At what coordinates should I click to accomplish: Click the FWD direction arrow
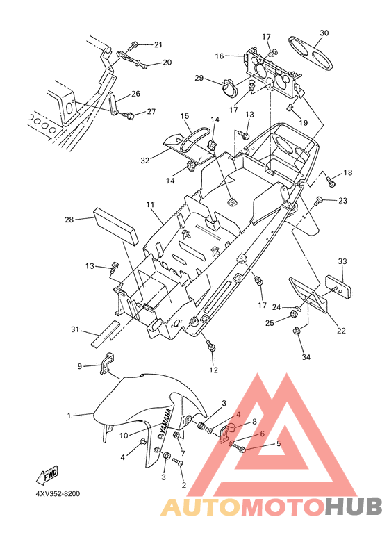click(x=47, y=475)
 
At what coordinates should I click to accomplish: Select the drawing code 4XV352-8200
click(x=58, y=494)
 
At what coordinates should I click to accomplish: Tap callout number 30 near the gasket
click(x=324, y=33)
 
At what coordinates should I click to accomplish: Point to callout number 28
click(x=69, y=220)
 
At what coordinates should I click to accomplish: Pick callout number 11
click(x=151, y=204)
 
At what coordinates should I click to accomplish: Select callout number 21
click(x=158, y=44)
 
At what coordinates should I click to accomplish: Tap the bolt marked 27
click(x=128, y=115)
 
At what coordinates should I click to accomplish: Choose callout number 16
click(x=220, y=56)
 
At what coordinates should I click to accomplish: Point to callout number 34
click(x=306, y=357)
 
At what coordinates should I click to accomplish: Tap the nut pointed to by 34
click(x=297, y=330)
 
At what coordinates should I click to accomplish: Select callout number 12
click(x=213, y=370)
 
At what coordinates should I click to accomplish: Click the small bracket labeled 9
click(x=106, y=362)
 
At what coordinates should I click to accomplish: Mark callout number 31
click(x=75, y=329)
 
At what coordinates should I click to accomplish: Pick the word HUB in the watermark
click(x=352, y=507)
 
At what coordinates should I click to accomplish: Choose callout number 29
click(x=199, y=78)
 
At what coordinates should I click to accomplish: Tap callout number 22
click(x=341, y=331)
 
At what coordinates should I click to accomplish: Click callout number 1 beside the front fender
click(x=69, y=416)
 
